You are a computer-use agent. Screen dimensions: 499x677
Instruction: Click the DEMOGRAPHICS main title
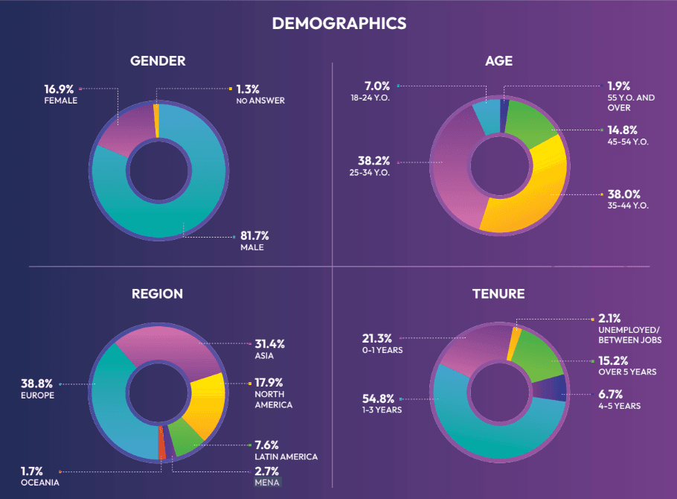[x=338, y=23]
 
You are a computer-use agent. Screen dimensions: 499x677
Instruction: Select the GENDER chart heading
[x=157, y=61]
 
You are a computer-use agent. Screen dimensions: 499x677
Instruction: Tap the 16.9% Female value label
[x=59, y=89]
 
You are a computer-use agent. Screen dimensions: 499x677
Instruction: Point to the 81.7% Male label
[x=255, y=236]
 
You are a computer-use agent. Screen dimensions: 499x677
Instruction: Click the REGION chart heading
[x=157, y=293]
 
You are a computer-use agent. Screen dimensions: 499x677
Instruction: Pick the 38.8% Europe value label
[x=37, y=384]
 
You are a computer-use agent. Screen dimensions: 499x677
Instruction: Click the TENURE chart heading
[x=498, y=293]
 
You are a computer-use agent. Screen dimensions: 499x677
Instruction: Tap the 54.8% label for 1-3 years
[x=379, y=398]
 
